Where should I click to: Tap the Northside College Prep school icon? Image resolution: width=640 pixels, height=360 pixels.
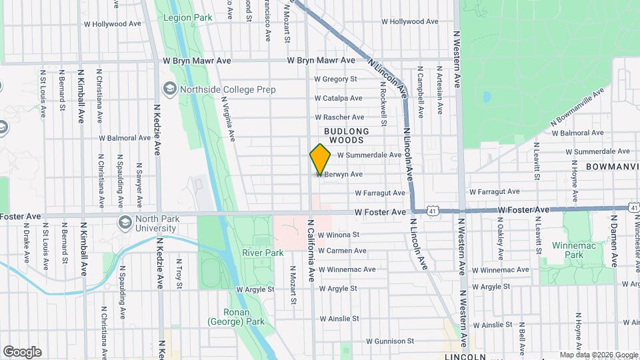pos(170,89)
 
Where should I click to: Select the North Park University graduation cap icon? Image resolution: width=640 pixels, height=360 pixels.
pos(125,223)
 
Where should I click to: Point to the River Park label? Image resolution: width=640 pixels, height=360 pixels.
pos(263,253)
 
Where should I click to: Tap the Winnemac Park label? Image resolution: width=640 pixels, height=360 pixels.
pos(568,250)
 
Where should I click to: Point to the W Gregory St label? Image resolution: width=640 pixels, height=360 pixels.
pos(335,79)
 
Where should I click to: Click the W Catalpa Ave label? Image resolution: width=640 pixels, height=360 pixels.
pos(338,98)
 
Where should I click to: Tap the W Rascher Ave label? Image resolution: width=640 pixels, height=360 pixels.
pos(339,117)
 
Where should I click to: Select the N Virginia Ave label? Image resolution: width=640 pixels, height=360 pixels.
pos(229,119)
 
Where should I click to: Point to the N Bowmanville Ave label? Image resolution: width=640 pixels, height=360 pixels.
pos(577,107)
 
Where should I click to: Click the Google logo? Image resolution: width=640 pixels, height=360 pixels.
pos(22,352)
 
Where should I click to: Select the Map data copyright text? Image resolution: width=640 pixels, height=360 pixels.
pos(598,355)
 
